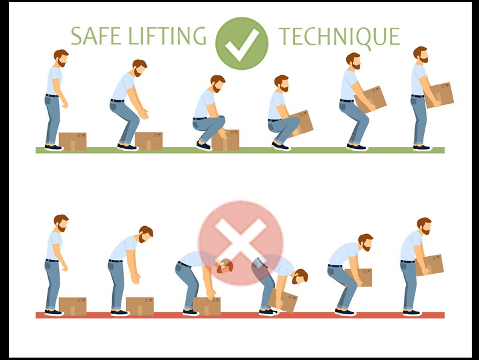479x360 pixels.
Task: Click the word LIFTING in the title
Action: pyautogui.click(x=167, y=36)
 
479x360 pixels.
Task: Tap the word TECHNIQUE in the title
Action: pyautogui.click(x=339, y=37)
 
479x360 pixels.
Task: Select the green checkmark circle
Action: pyautogui.click(x=242, y=43)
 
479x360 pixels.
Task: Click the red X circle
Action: pyautogui.click(x=241, y=243)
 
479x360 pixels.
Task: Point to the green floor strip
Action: pyautogui.click(x=240, y=150)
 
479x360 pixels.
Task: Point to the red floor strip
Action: pyautogui.click(x=240, y=315)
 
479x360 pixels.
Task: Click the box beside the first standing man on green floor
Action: pyautogui.click(x=73, y=141)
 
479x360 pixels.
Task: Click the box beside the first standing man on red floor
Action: pyautogui.click(x=73, y=306)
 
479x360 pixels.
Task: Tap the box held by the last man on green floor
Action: pyautogui.click(x=439, y=95)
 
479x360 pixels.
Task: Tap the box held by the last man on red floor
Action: pyautogui.click(x=429, y=265)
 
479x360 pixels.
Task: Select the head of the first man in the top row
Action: pyautogui.click(x=61, y=58)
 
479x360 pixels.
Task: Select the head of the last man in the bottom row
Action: pyautogui.click(x=424, y=226)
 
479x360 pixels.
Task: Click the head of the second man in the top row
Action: pyautogui.click(x=139, y=68)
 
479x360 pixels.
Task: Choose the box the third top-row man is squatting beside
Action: pyautogui.click(x=226, y=140)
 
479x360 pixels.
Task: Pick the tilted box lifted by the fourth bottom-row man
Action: pyautogui.click(x=282, y=300)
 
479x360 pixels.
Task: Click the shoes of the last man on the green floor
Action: pyautogui.click(x=422, y=148)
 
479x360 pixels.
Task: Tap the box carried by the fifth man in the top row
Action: pyautogui.click(x=370, y=99)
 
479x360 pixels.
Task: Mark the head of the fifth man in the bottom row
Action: pyautogui.click(x=366, y=242)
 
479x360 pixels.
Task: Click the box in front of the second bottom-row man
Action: pyautogui.click(x=140, y=306)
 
